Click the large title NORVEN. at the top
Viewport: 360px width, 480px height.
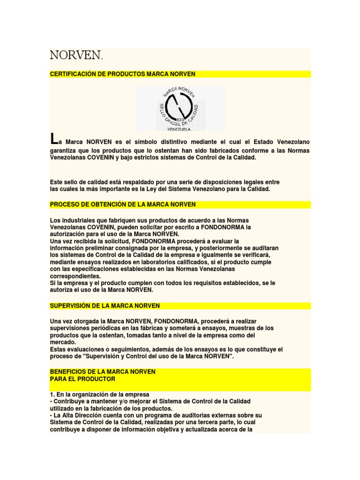tap(76, 55)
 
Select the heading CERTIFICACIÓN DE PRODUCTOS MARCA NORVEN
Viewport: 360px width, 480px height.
tap(122, 74)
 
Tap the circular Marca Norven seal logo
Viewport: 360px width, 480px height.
tap(180, 105)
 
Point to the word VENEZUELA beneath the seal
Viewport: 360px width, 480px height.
tap(180, 127)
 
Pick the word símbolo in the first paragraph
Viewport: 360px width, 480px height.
tap(150, 141)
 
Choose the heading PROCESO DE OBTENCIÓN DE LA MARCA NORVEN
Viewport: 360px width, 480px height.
tap(122, 204)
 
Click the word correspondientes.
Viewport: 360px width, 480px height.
tap(75, 276)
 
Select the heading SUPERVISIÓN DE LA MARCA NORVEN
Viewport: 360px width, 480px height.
tap(105, 306)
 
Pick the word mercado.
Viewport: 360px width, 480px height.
tap(63, 342)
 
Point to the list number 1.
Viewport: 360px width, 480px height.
tap(52, 394)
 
